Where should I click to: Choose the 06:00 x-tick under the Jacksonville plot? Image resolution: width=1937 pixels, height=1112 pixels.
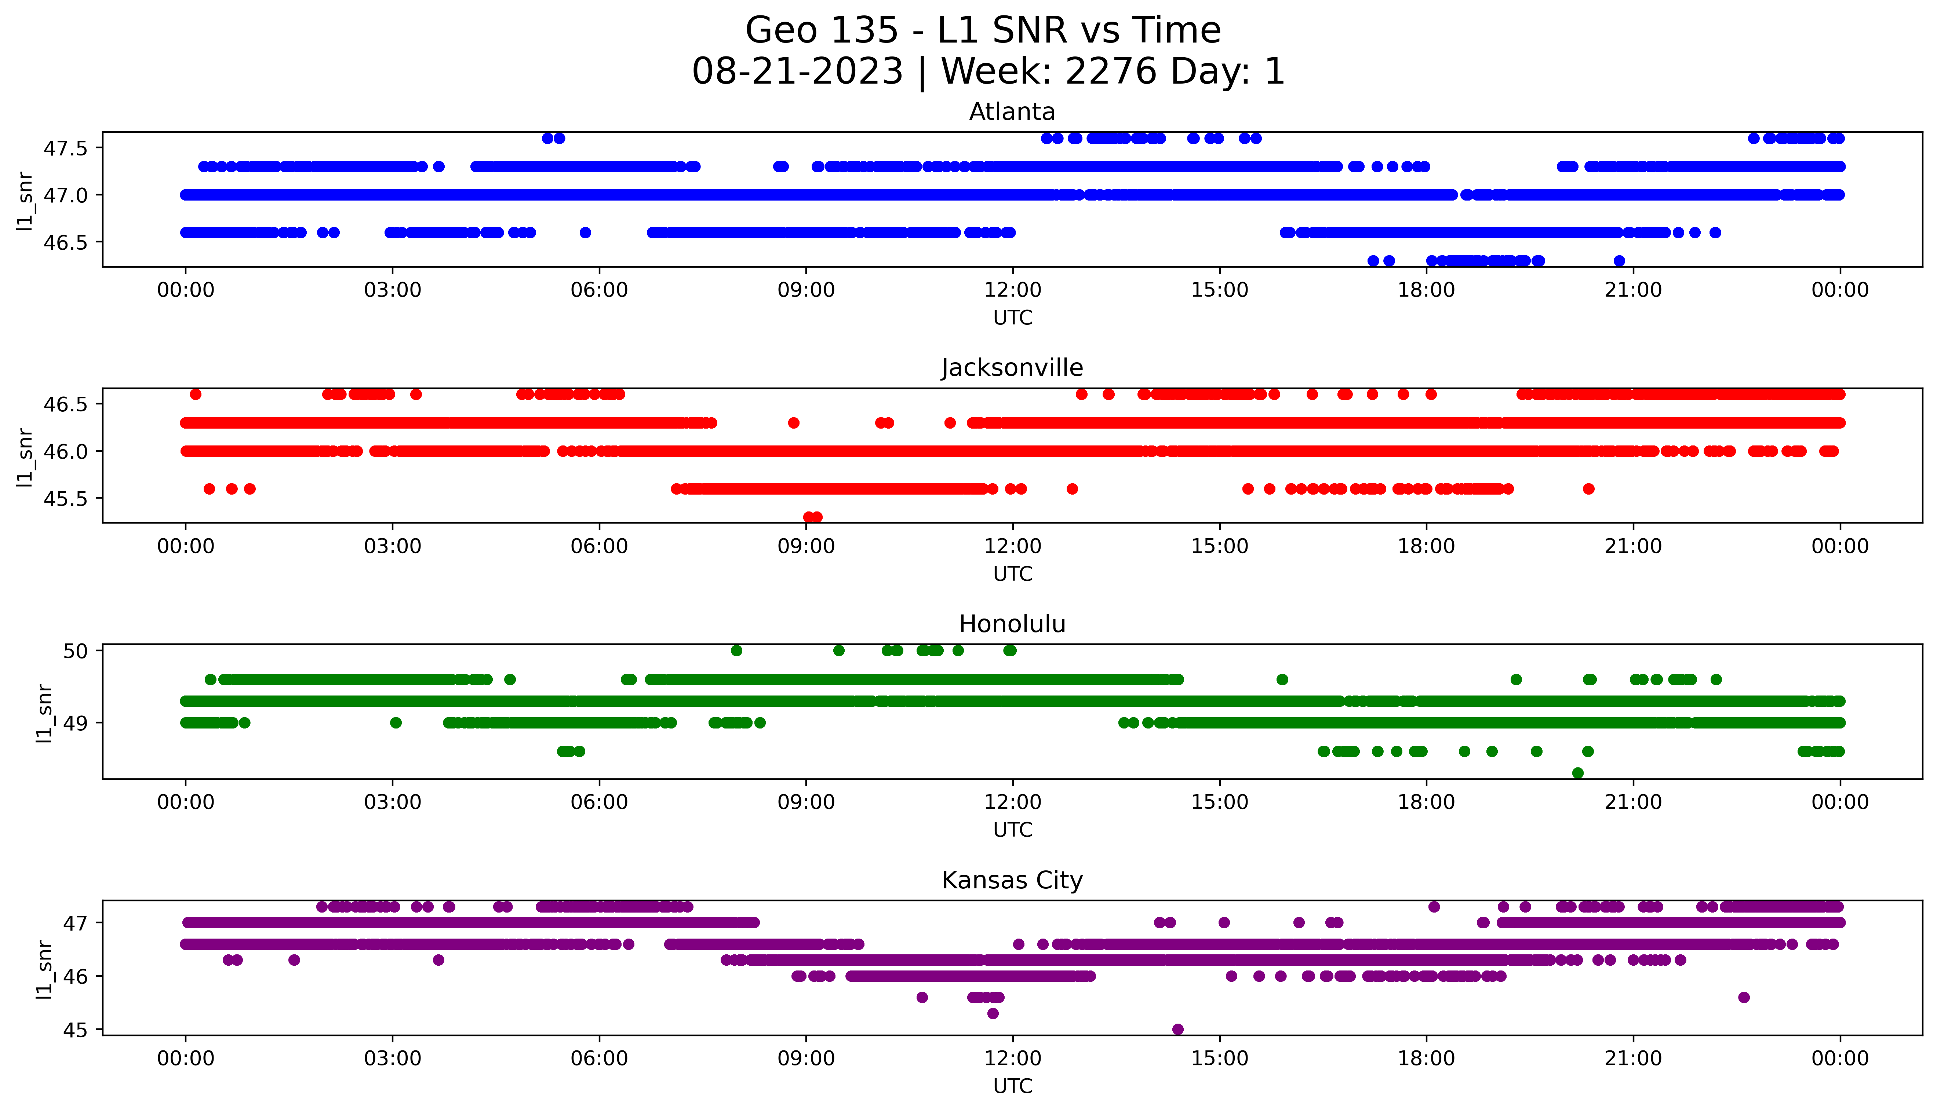click(599, 546)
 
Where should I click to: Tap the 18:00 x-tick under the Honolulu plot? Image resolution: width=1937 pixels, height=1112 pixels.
click(1427, 803)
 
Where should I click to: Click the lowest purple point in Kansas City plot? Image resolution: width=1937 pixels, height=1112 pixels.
click(1177, 1030)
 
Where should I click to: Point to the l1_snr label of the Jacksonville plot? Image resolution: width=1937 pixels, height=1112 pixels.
click(25, 457)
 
